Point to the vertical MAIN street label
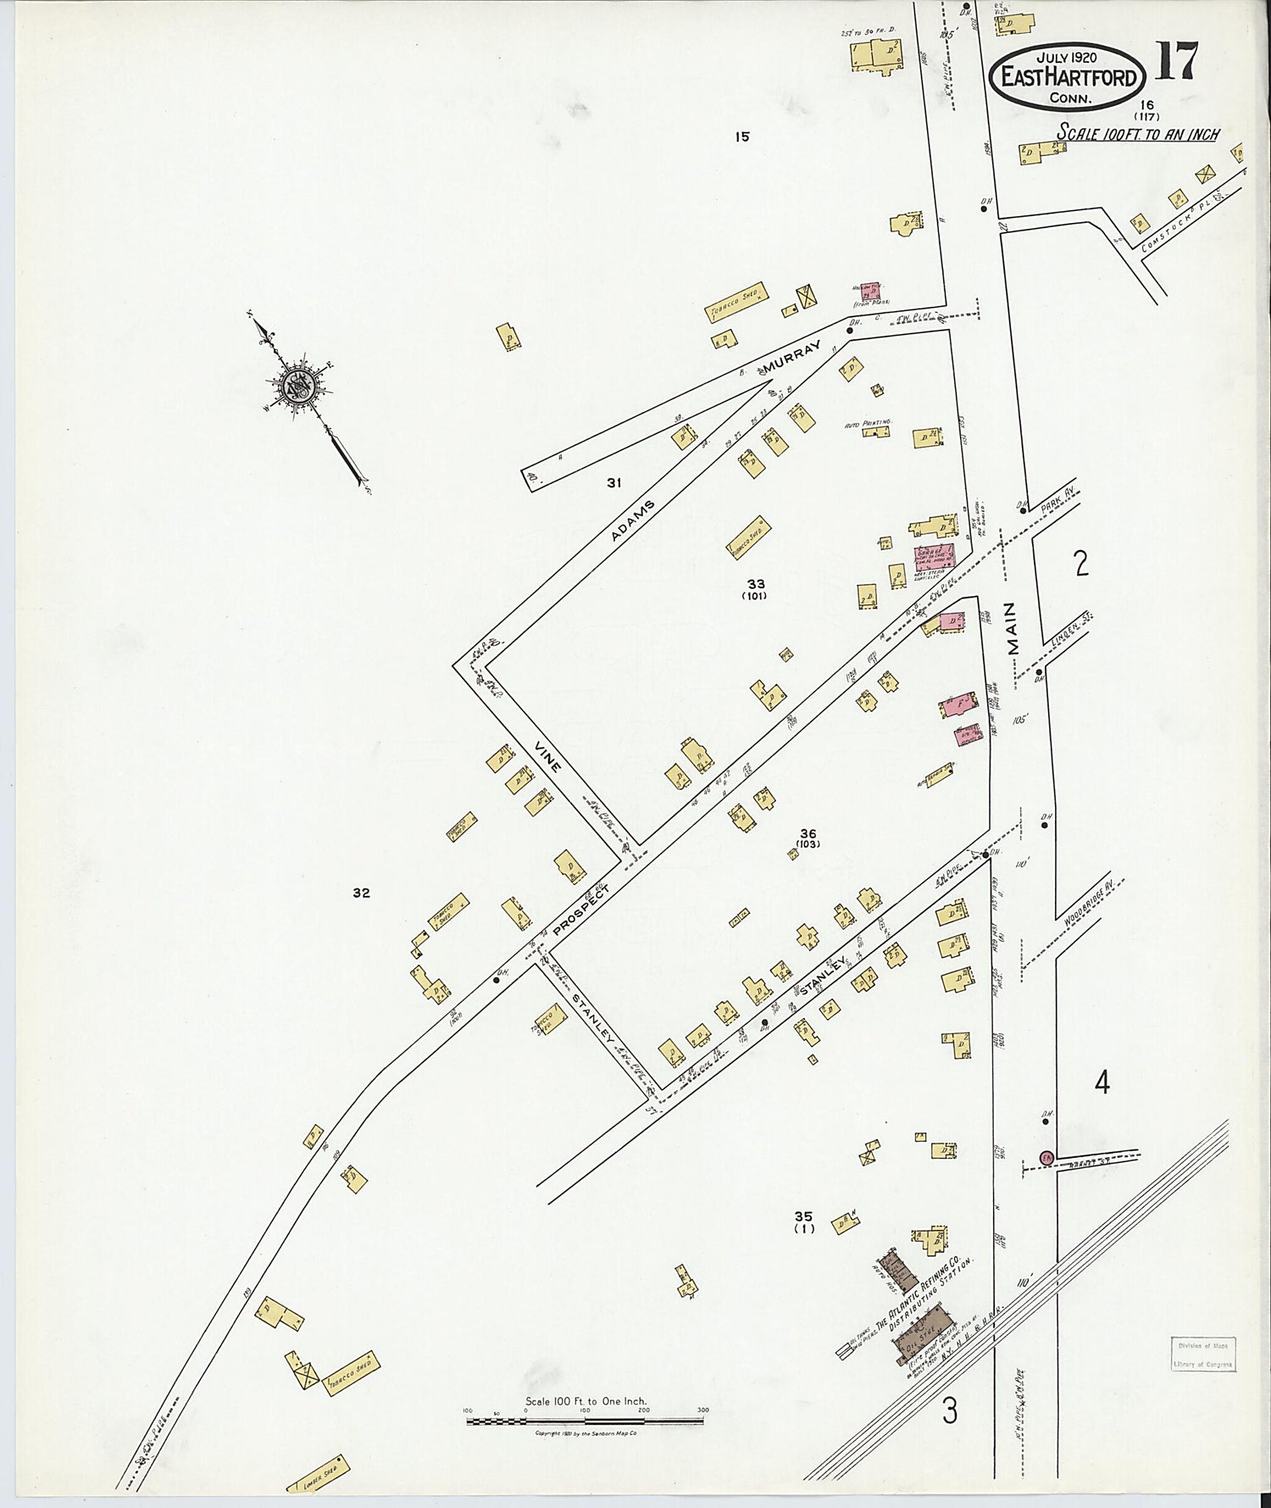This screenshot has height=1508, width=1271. (1017, 628)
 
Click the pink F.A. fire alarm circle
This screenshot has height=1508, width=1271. (1046, 1157)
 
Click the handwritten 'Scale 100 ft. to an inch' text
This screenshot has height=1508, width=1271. (1137, 134)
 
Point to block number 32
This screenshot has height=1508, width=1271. (362, 893)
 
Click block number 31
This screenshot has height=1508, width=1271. (614, 483)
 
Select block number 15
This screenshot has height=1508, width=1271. (743, 136)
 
